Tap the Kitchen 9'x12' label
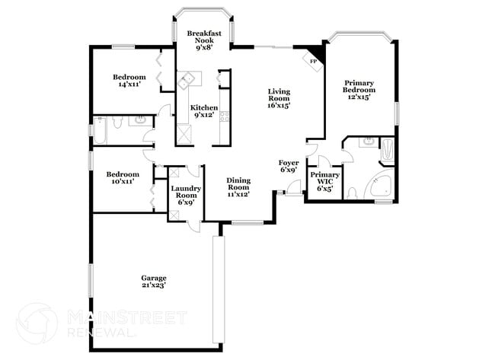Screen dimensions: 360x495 (204, 112)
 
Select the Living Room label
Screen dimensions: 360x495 (279, 99)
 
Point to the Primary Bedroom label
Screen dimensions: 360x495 (357, 90)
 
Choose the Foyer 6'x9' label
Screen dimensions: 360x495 (289, 167)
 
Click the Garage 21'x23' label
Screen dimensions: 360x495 (153, 282)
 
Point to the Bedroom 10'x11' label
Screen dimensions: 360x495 (123, 178)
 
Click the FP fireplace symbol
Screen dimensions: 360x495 (313, 59)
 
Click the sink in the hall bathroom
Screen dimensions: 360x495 (141, 120)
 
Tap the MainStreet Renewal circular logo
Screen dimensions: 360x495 (36, 323)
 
